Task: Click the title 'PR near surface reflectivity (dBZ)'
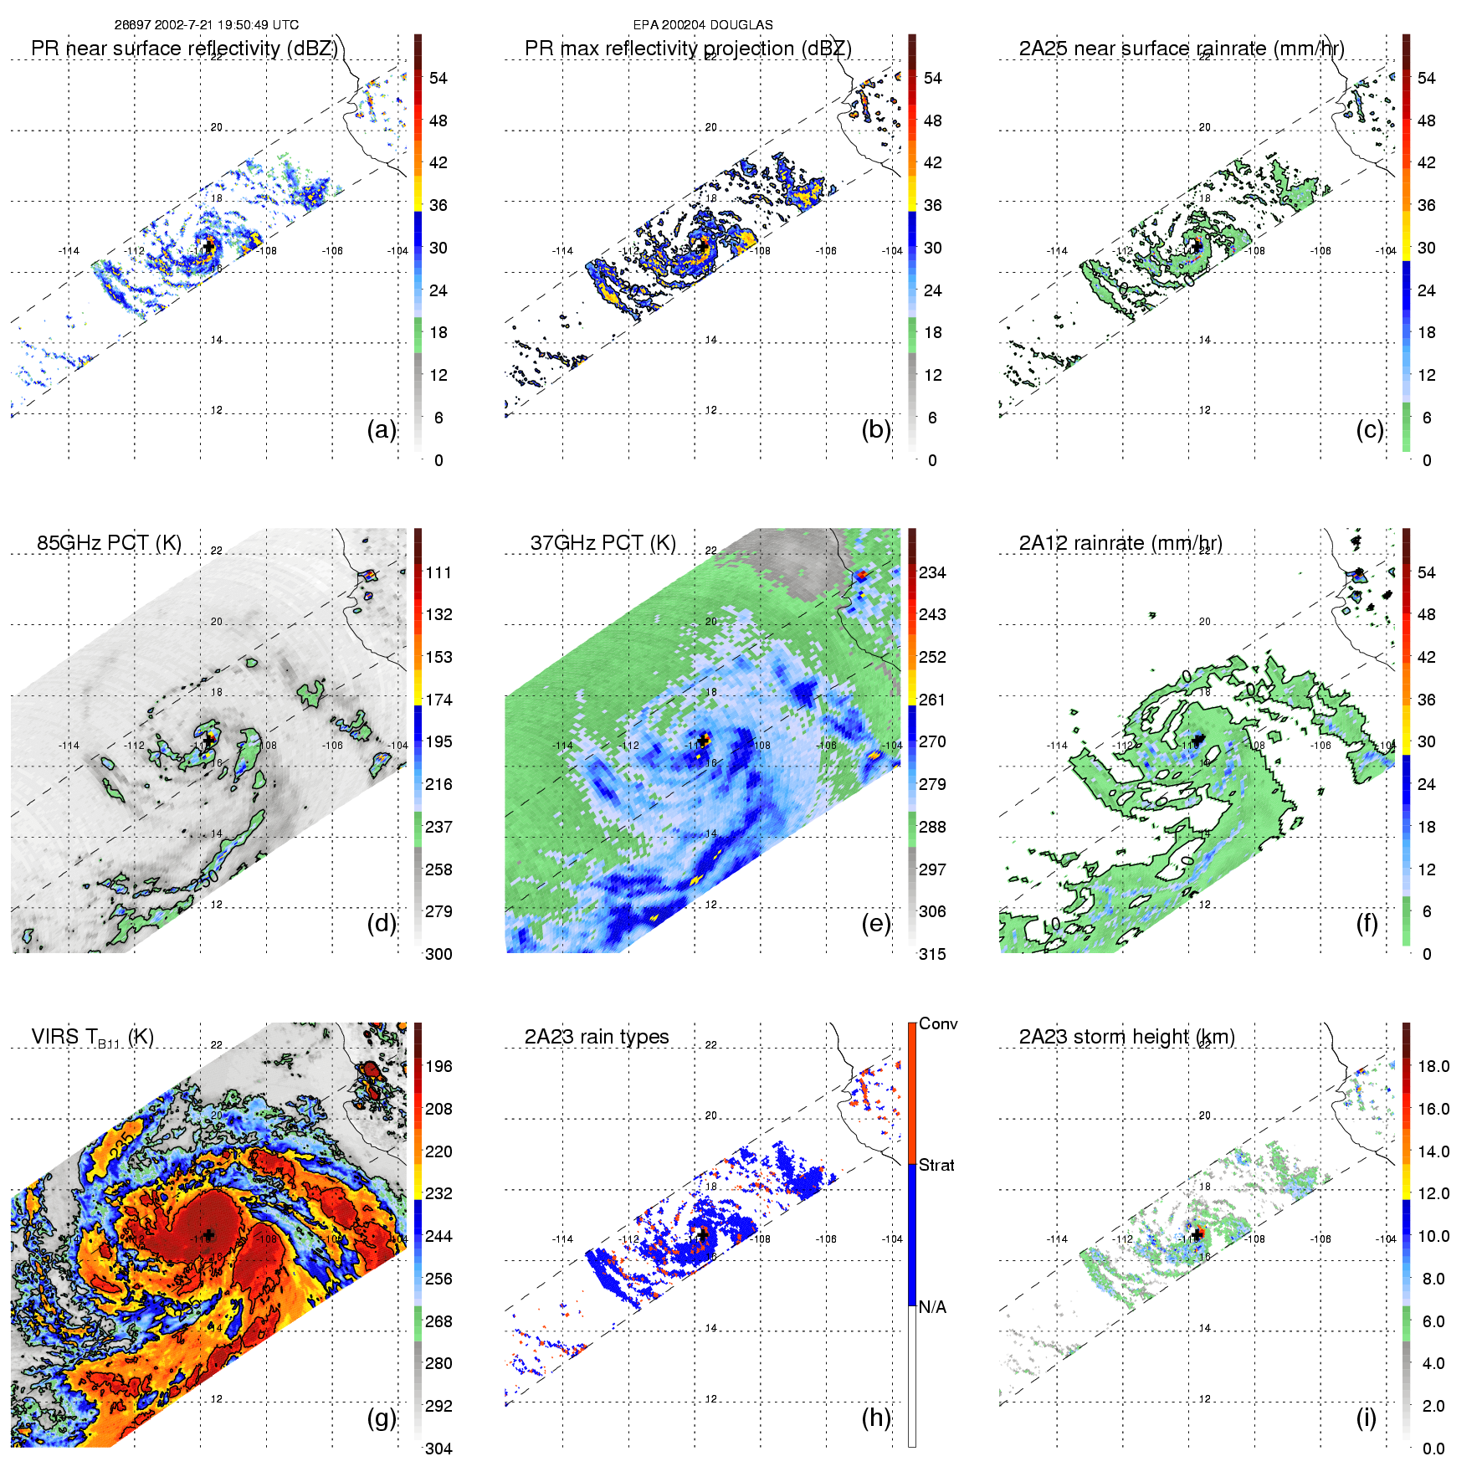tap(184, 49)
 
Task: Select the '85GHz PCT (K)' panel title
tap(109, 543)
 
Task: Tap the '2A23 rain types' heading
tap(597, 1037)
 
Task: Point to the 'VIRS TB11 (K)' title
tap(92, 1038)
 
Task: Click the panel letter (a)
tap(382, 429)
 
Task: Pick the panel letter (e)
tap(876, 923)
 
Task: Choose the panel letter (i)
tap(1366, 1418)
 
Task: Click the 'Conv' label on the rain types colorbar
tap(938, 1023)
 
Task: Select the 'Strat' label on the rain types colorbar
tap(936, 1165)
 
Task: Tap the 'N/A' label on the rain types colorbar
tap(932, 1307)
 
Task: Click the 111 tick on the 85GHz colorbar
tap(438, 572)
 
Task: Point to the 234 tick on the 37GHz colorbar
tap(932, 572)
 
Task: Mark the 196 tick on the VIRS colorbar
tap(438, 1066)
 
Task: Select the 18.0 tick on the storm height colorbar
tap(1433, 1066)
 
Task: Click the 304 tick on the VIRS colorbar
tap(438, 1449)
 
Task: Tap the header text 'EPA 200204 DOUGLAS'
tap(703, 25)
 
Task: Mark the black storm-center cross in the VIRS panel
tap(208, 1235)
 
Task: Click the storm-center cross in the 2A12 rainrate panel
tap(1197, 740)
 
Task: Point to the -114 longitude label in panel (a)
tap(69, 251)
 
